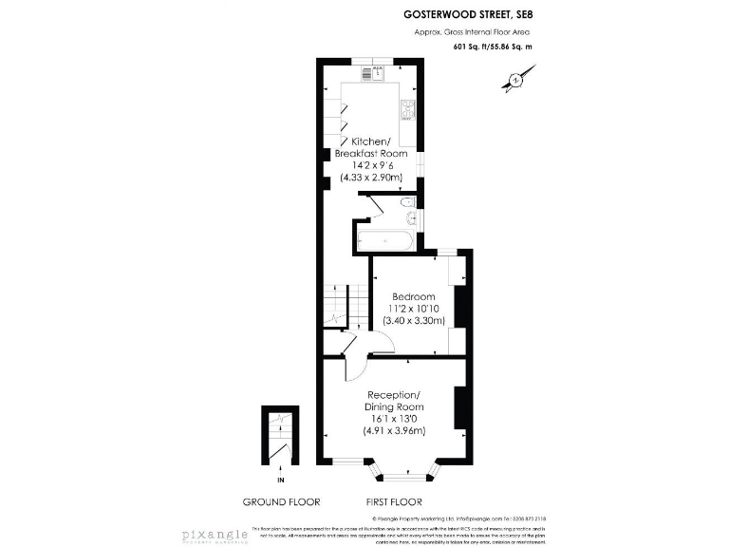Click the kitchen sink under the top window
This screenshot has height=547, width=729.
[x=378, y=72]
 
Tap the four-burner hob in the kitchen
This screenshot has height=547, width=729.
[x=408, y=110]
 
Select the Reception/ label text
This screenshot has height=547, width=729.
[x=393, y=394]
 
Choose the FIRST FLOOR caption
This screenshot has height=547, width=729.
[x=393, y=502]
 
